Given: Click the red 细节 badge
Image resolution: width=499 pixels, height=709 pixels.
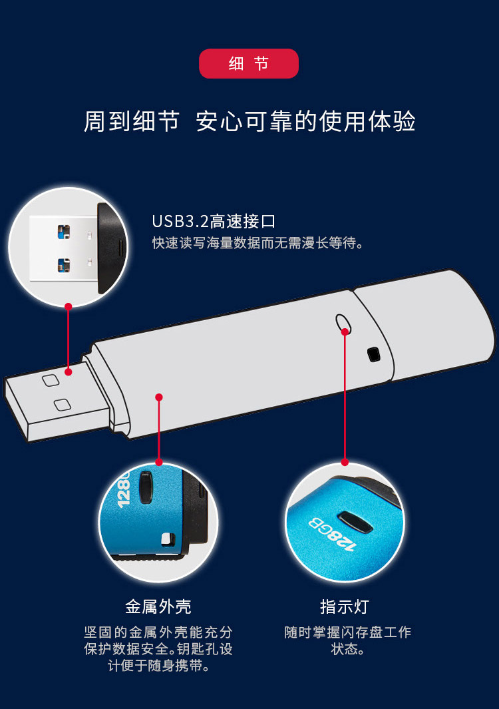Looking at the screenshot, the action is pos(249,63).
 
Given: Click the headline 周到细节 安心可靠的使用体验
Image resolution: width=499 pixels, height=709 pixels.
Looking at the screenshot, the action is pos(249,121).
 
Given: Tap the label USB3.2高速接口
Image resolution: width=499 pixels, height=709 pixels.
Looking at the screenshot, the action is pos(214,221).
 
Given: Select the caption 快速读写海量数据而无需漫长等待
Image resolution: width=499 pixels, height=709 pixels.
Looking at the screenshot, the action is pos(257,243).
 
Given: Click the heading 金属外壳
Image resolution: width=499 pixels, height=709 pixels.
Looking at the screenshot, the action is pos(158,606).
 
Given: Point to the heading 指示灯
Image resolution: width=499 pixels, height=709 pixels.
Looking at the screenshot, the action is pos(345,606).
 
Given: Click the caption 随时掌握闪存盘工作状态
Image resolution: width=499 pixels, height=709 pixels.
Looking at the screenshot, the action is pos(347,640).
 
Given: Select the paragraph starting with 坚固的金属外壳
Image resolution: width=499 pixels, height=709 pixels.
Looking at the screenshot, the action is pos(158,649).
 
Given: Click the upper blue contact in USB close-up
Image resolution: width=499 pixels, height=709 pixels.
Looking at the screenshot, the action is pos(64,232).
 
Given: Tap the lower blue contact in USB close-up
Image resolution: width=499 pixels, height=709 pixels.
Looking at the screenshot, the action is pos(64,265).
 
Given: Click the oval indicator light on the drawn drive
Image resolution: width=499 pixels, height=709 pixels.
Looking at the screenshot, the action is pos(343,322).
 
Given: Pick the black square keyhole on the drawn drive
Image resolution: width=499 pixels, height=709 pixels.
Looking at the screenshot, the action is pos(374,354).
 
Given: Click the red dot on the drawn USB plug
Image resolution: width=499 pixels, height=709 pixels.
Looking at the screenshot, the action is pos(69,372).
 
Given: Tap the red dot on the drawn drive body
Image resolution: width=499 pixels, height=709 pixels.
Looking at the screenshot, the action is pos(158,397).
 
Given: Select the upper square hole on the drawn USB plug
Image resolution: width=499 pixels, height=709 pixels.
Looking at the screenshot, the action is pos(51,380).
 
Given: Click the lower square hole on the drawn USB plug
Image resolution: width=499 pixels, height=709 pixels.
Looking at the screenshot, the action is pos(63,405).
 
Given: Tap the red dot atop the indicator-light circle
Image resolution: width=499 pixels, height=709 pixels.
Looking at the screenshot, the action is pos(345,462).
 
